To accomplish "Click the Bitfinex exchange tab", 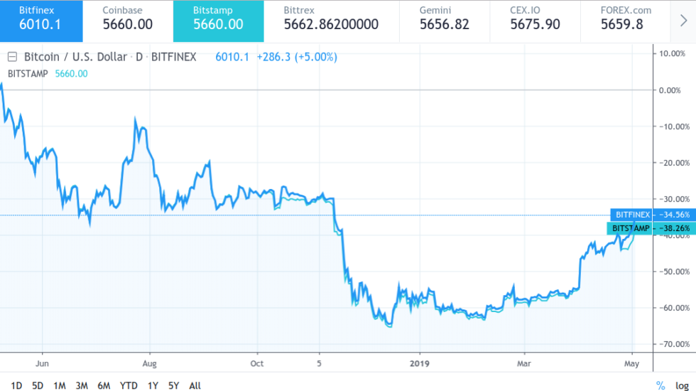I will click(41, 21).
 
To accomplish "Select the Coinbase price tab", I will click(128, 21).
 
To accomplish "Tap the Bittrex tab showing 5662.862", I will click(331, 21).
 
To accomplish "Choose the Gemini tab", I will click(444, 21).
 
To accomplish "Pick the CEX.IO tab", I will click(535, 21).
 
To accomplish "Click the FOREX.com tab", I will click(626, 21).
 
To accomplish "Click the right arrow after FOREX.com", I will click(684, 21).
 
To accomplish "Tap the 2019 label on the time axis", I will click(420, 363).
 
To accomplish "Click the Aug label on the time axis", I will click(150, 363).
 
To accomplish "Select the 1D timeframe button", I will click(16, 385).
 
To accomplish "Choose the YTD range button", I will click(129, 385).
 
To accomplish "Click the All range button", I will click(195, 385).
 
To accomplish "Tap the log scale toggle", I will click(682, 385).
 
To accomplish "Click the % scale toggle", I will click(660, 385).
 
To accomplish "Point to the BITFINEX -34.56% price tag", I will click(651, 215).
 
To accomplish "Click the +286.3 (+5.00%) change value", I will click(296, 57).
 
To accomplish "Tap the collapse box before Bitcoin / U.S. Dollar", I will click(12, 57).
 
